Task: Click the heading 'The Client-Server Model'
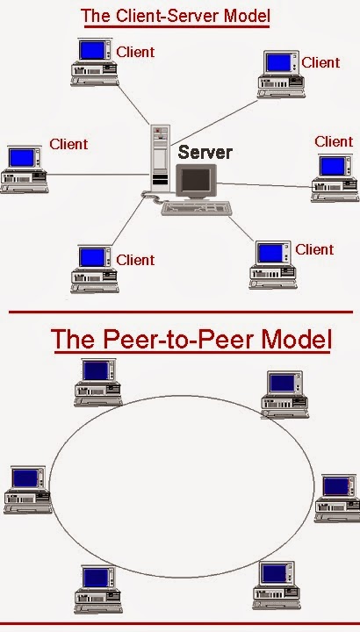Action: [176, 16]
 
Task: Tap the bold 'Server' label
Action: [205, 152]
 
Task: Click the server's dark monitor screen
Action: [196, 180]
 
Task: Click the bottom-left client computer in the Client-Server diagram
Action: [93, 269]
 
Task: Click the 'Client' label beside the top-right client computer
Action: [320, 62]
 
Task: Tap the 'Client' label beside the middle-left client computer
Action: [68, 144]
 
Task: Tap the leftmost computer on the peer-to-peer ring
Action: [24, 489]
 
